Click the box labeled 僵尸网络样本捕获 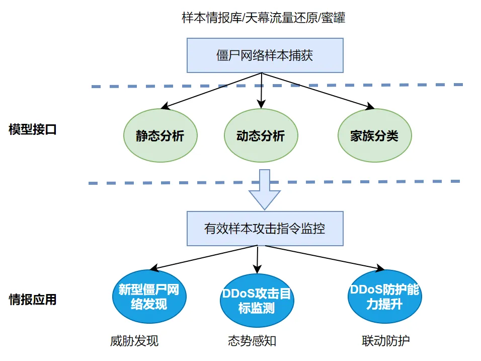265,55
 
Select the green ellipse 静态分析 159,136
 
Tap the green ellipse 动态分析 261,136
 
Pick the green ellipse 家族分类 374,136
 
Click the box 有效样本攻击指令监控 265,229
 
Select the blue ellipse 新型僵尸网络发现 148,297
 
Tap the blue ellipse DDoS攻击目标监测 257,301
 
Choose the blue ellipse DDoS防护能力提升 385,297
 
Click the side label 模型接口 33,129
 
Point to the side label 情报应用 33,301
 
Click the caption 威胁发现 134,341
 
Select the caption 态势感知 252,341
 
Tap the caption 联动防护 385,341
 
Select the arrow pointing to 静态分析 211,91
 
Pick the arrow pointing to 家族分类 317,91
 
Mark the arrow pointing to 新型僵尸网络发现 204,258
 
